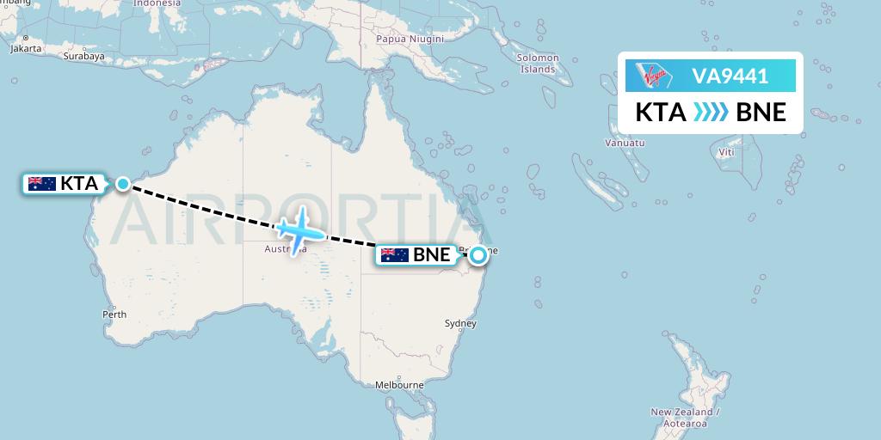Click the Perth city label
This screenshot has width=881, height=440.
pos(114,315)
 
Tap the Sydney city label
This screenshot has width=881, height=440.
pos(460,323)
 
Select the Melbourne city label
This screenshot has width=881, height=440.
pos(399,385)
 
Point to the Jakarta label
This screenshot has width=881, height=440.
pos(26,48)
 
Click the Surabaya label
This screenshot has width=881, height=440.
pos(83,57)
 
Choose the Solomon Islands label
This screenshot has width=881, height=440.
pos(538,64)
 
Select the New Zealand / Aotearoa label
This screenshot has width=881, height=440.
pos(685,418)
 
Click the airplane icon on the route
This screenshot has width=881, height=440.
pos(299,229)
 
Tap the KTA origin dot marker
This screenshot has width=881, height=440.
pos(124,183)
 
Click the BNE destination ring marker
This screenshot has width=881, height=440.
pos(477,254)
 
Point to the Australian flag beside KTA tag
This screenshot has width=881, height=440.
pos(41,183)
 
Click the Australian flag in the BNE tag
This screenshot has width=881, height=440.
pos(394,254)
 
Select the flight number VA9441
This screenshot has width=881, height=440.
pos(730,76)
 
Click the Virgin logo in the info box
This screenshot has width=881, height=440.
pos(656,76)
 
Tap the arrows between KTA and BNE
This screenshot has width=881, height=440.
pos(711,112)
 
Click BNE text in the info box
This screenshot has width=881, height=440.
pos(761,112)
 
